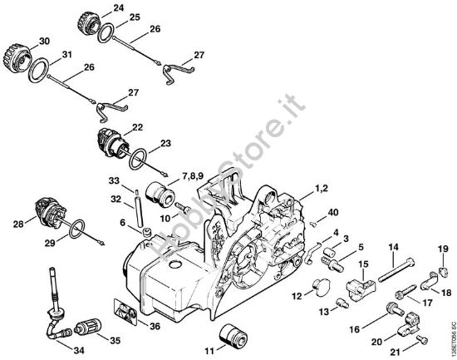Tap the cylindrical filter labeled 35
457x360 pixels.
(x=91, y=325)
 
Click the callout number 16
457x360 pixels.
(x=354, y=328)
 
